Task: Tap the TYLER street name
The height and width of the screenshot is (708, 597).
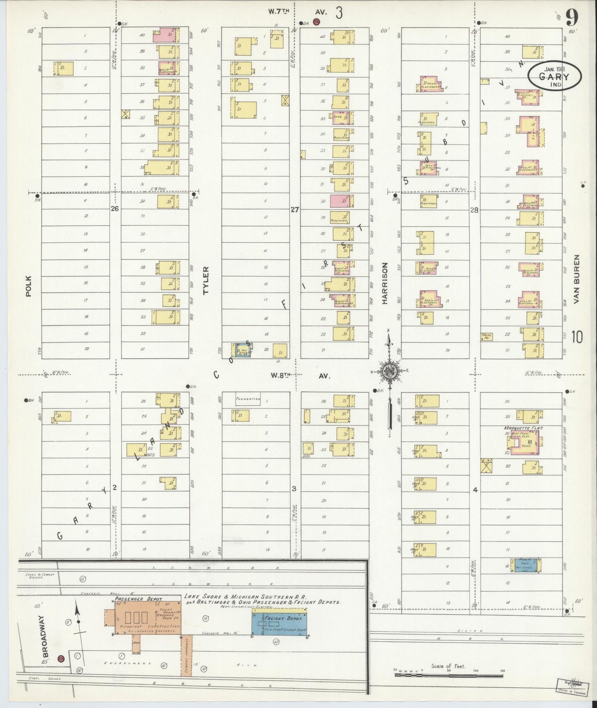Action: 206,280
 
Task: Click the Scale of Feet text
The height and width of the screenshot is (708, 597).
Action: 448,666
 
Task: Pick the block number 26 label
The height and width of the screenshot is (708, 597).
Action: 114,209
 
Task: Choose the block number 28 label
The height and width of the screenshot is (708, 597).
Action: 474,210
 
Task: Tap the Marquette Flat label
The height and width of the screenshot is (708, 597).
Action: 523,428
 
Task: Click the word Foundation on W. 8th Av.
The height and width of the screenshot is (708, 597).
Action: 247,399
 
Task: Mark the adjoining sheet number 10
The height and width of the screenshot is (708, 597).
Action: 577,337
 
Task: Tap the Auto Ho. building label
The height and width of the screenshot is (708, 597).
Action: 487,337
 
